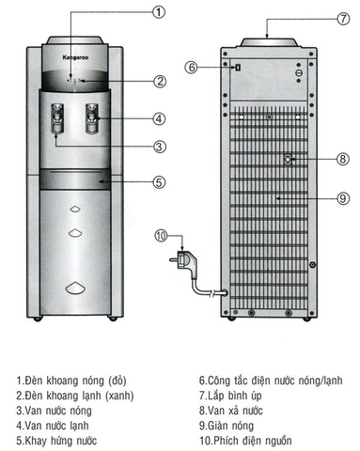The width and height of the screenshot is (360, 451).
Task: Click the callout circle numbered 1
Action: [x=159, y=12]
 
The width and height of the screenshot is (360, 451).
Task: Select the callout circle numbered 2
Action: [x=160, y=82]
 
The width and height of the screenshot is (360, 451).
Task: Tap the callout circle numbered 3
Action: [x=160, y=146]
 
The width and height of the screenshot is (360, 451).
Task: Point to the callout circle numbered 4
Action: [x=160, y=118]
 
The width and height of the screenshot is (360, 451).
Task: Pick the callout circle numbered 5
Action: [x=160, y=182]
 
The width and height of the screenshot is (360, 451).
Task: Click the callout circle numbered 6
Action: [x=191, y=68]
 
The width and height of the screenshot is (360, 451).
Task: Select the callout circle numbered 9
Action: [x=342, y=198]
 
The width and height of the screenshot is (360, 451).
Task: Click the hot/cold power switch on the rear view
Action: [x=239, y=68]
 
